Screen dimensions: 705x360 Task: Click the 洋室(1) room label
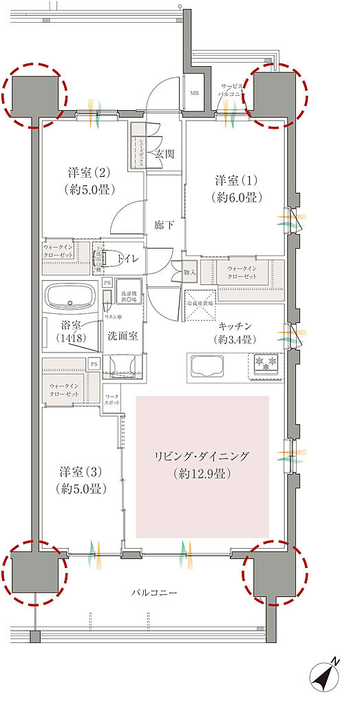(235, 187)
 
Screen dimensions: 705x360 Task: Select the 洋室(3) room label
(81, 480)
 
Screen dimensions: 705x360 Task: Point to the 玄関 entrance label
(165, 154)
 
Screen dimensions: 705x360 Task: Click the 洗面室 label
(123, 336)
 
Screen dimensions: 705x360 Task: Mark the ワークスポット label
(111, 400)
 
